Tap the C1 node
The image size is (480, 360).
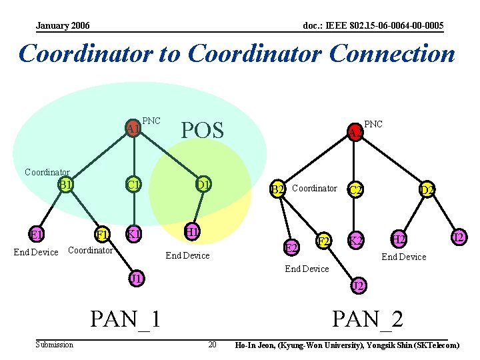point(134,184)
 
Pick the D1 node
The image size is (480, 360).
point(203,184)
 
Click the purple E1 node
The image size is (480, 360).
point(36,235)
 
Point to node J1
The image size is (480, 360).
point(137,278)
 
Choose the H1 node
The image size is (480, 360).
point(192,232)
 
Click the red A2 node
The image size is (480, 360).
point(355,133)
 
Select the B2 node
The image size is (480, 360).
point(277,189)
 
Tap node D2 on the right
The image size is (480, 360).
point(427,190)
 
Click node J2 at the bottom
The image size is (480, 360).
point(358,286)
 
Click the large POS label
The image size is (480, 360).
point(203,131)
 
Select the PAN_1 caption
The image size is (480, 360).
point(126,318)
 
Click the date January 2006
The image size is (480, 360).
point(63,26)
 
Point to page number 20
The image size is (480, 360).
point(212,345)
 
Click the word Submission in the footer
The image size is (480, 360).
point(55,345)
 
